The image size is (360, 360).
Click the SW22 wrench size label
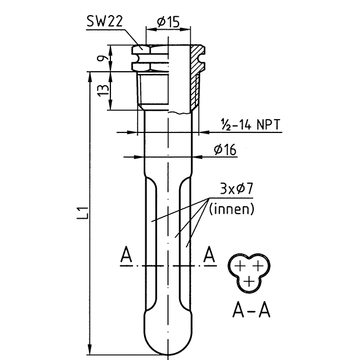(105, 21)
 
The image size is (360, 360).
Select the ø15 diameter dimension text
(168, 22)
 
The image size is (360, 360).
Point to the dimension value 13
(104, 90)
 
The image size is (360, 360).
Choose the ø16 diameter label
(225, 150)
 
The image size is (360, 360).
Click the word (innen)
(232, 209)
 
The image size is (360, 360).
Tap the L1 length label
(84, 213)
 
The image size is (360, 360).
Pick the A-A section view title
(251, 311)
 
